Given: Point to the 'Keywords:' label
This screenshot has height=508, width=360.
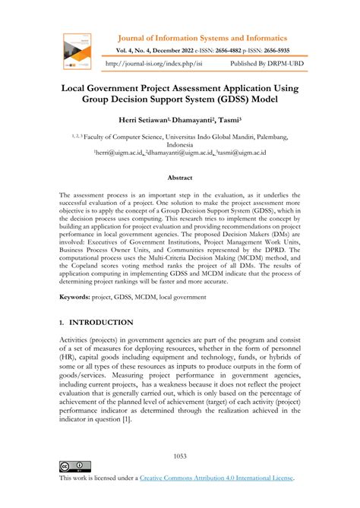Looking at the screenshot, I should pos(80,301).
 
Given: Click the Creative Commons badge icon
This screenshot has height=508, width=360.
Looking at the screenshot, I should pos(74,465).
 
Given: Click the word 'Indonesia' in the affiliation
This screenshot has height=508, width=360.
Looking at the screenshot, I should pos(180,144).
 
